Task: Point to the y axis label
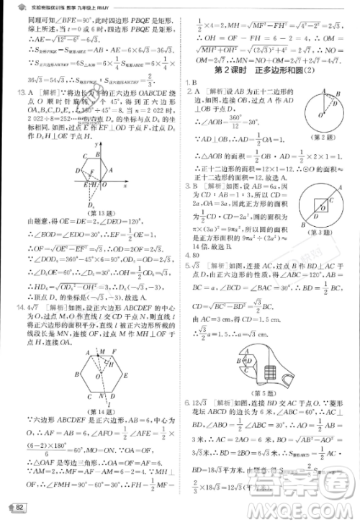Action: [95, 145]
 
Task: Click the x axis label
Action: [125, 185]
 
